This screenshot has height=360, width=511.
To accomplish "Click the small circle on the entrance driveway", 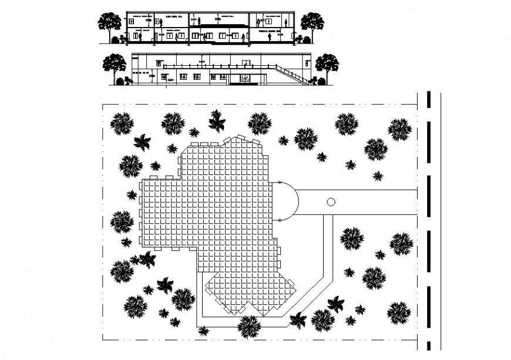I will tap(330, 202).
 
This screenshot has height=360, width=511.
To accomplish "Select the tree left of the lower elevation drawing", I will tap(114, 64).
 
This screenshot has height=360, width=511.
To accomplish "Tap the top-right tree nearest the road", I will tap(399, 129).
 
